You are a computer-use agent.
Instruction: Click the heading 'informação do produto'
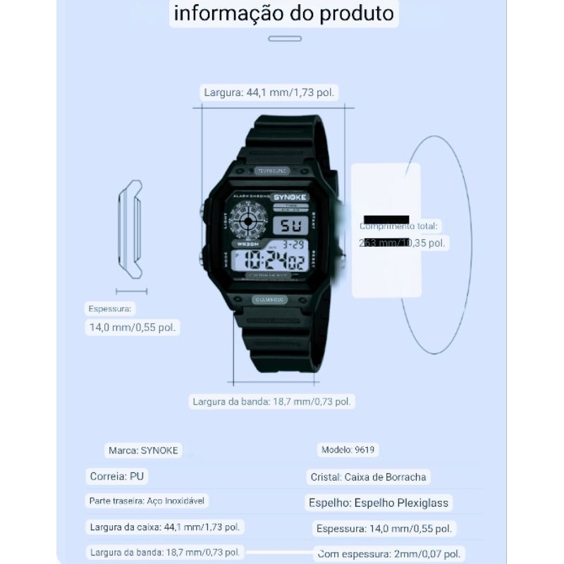[284, 13]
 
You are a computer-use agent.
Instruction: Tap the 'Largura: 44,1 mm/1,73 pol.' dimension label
[269, 92]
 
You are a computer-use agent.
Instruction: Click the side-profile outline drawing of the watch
[131, 229]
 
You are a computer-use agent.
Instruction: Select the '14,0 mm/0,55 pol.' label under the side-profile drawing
[133, 327]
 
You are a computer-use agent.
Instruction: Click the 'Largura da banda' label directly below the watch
[271, 402]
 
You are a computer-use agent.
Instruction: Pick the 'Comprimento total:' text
[398, 226]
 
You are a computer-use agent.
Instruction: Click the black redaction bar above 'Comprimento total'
[386, 219]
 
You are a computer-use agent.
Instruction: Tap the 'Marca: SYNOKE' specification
[143, 450]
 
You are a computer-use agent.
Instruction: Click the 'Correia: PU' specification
[117, 477]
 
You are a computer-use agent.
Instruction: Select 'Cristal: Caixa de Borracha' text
[368, 477]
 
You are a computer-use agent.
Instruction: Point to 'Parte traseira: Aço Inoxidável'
[149, 501]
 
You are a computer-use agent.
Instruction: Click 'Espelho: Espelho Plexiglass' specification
[379, 503]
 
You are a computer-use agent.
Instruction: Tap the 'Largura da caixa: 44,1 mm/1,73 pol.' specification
[165, 527]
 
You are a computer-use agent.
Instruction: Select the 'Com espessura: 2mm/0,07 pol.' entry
[389, 553]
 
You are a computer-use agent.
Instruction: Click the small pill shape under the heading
[285, 39]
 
